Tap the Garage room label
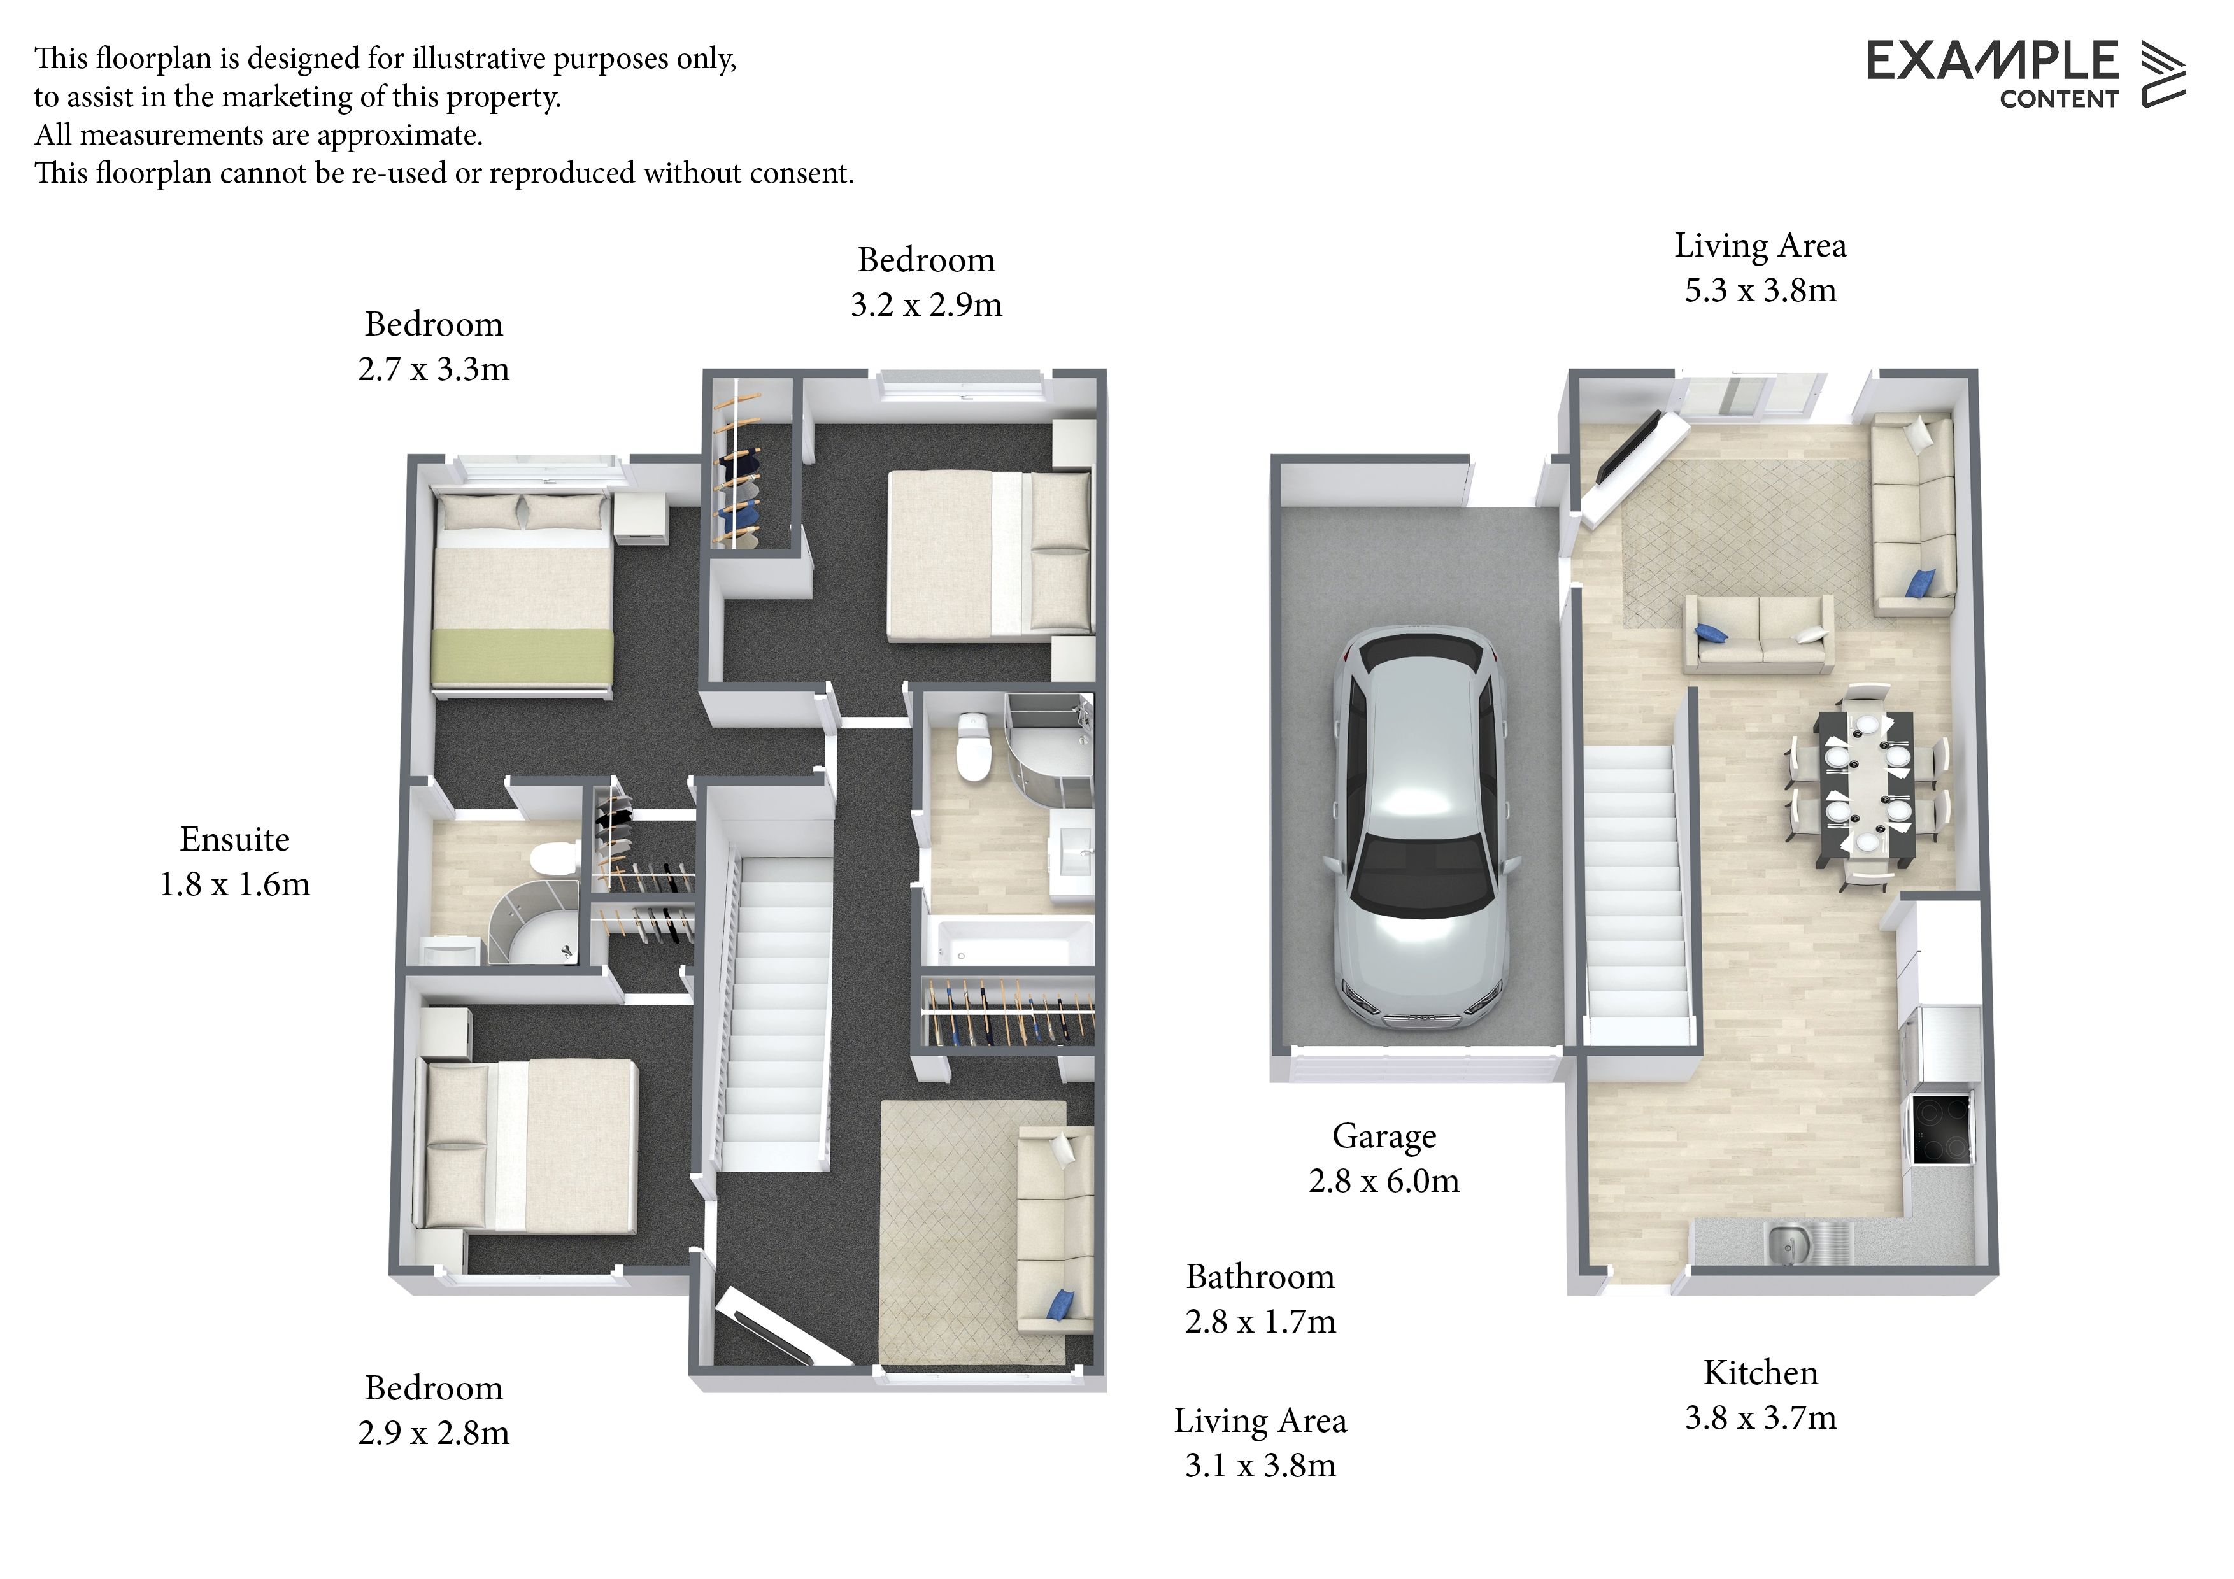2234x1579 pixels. point(1384,1136)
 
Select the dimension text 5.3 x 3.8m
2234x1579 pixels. point(1760,290)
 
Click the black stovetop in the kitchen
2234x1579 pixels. point(1941,1129)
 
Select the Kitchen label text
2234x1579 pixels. point(1760,1373)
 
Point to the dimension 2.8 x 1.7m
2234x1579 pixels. point(1260,1321)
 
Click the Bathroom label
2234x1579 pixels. point(1260,1277)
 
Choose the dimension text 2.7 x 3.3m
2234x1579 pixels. point(433,369)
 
